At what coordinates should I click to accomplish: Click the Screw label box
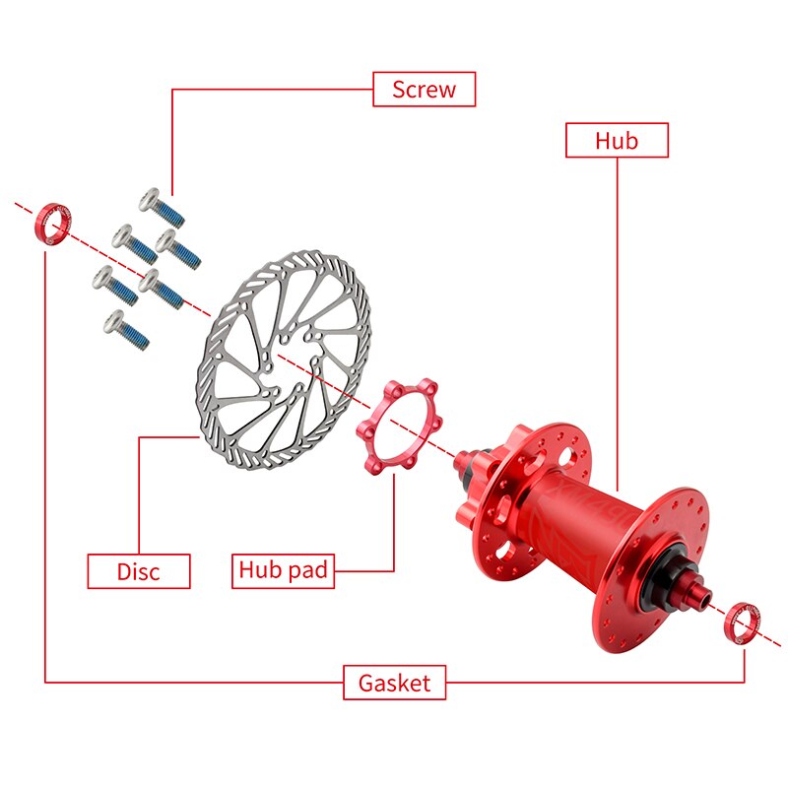tap(424, 89)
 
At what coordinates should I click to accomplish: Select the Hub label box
tap(617, 140)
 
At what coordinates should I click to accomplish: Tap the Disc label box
tap(138, 571)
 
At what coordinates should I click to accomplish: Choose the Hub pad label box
tap(284, 569)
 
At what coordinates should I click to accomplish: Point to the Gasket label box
tap(394, 683)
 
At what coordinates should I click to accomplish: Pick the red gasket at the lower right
tap(740, 624)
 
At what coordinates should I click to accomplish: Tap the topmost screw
tap(160, 205)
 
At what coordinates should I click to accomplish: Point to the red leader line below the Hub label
tap(617, 315)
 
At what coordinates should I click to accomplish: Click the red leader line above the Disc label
tap(139, 492)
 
